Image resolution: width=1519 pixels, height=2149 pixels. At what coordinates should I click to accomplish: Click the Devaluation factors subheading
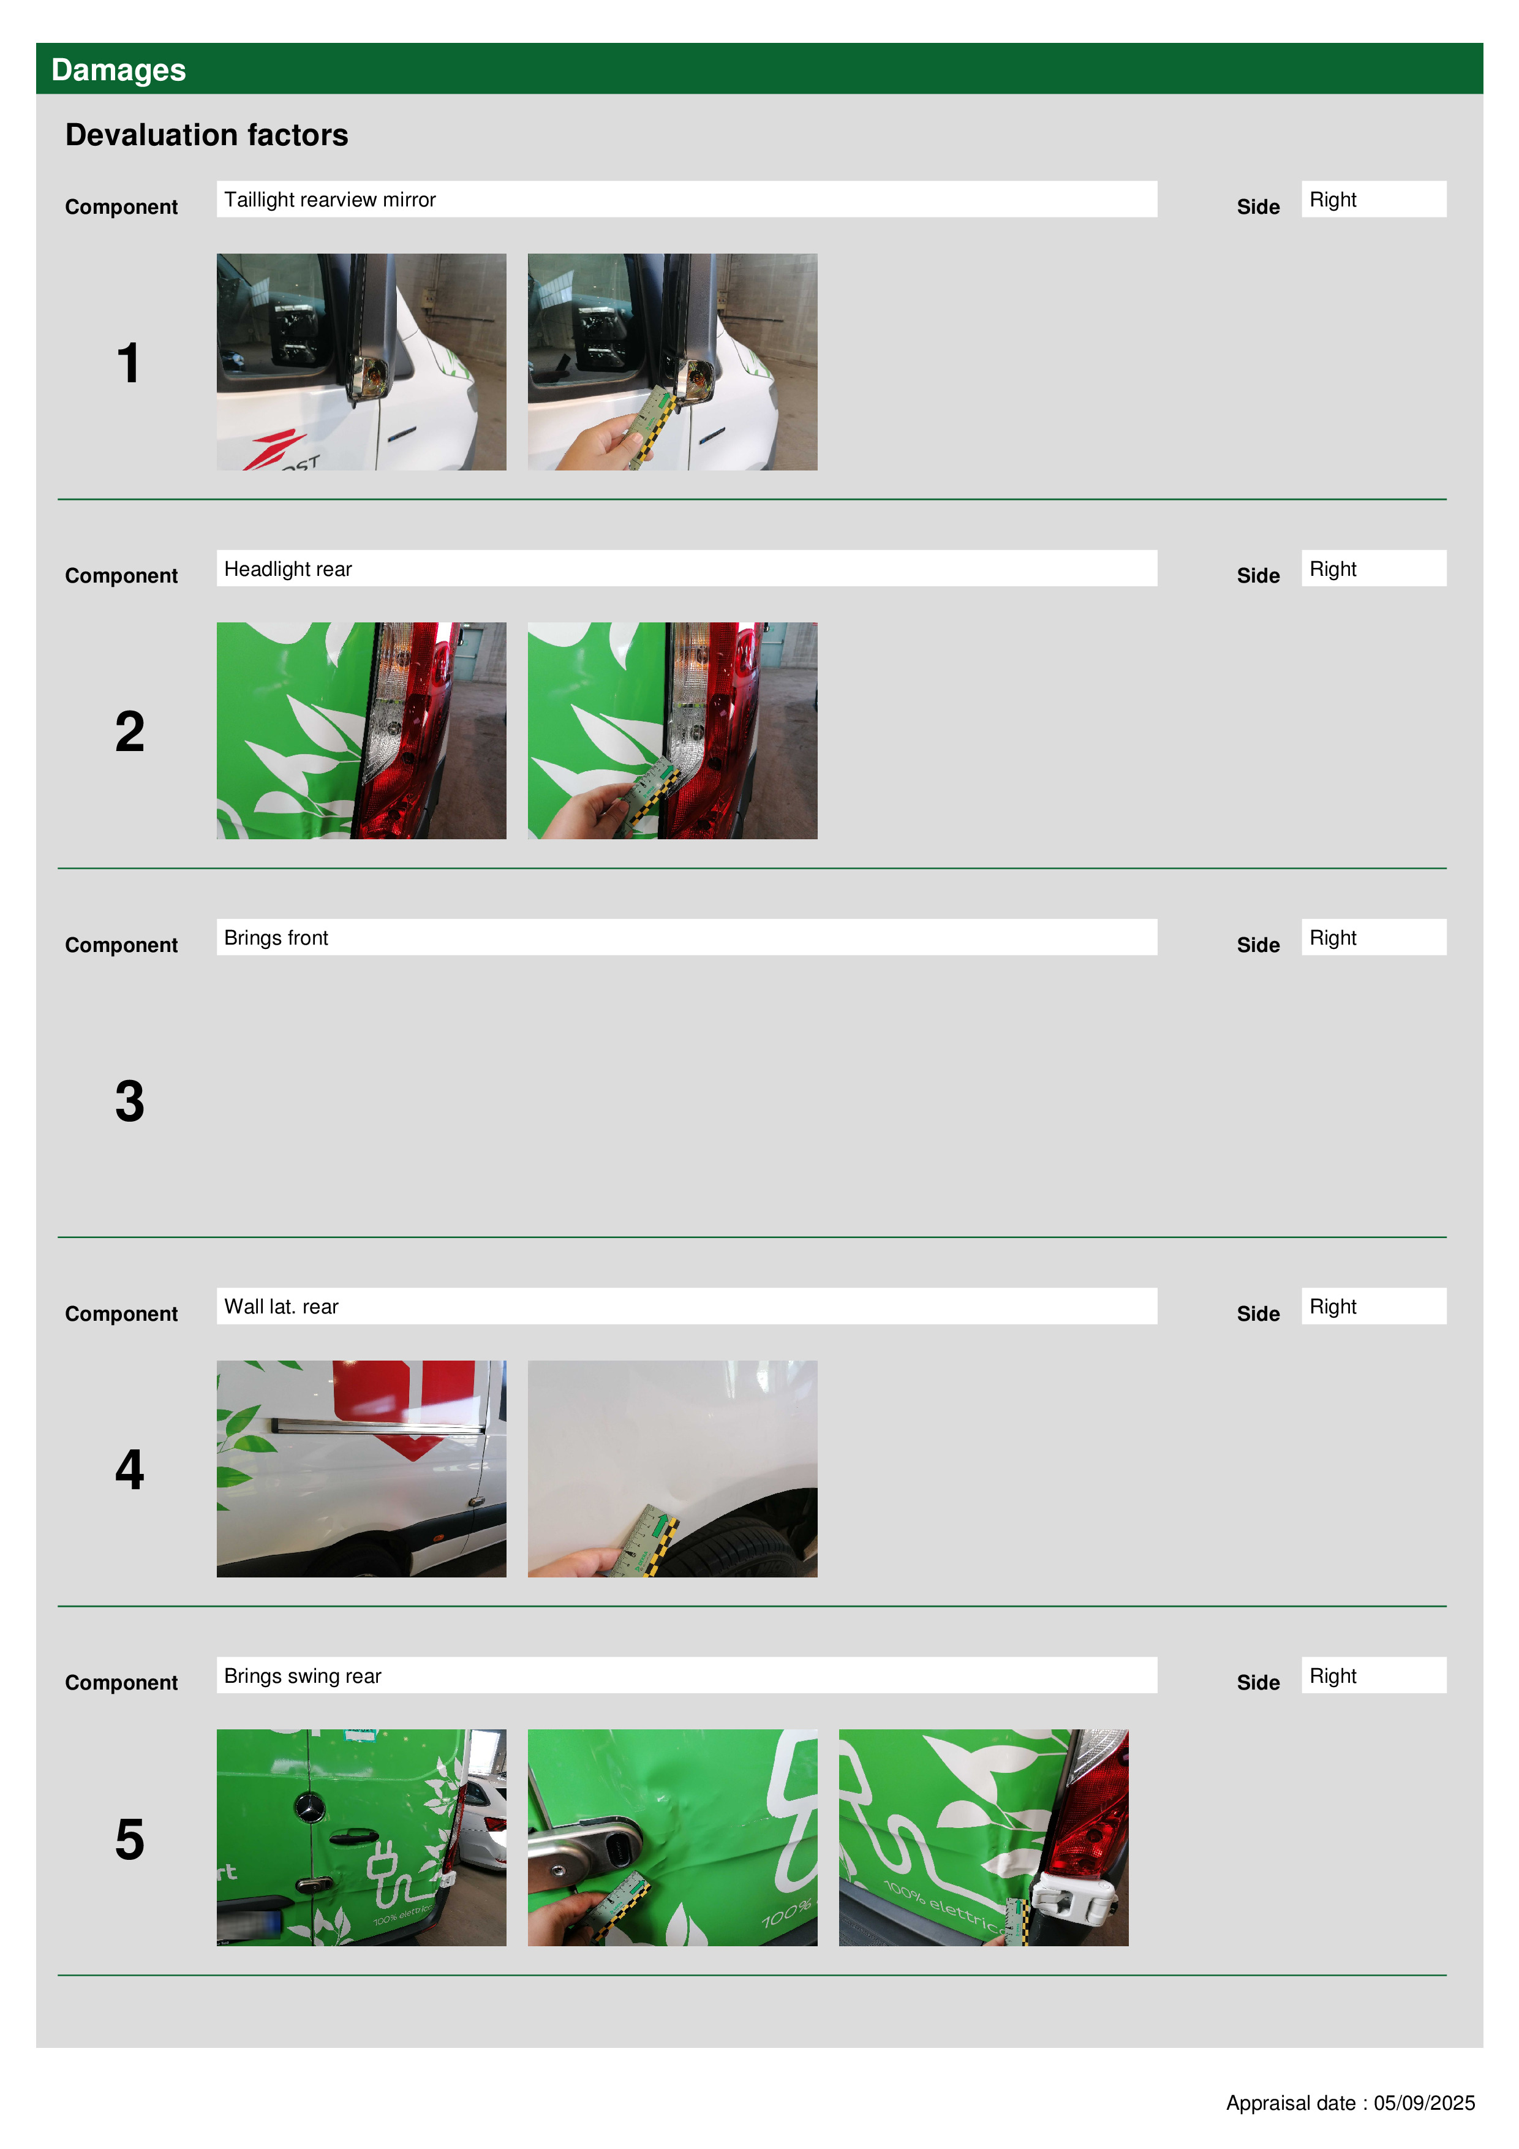[x=207, y=135]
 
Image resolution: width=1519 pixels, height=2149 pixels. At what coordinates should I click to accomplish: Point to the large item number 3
[x=130, y=1101]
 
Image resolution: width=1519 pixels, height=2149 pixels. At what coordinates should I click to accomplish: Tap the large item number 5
[x=130, y=1839]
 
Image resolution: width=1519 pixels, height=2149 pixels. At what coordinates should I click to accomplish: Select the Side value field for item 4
[x=1373, y=1305]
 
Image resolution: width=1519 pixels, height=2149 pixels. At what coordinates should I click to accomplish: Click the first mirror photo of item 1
[x=361, y=362]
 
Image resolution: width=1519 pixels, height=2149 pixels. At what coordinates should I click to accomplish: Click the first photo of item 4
[x=361, y=1468]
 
